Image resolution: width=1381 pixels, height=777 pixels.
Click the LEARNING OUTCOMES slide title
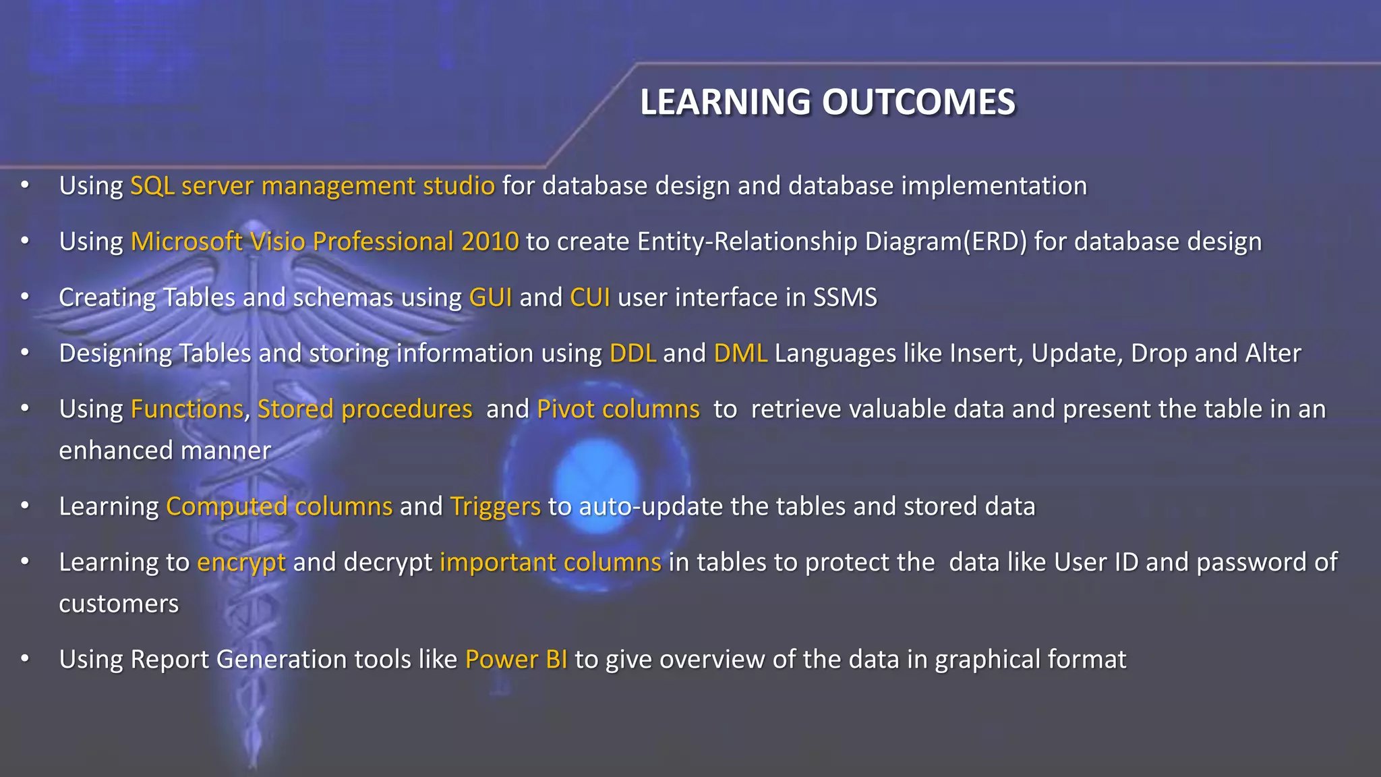(827, 103)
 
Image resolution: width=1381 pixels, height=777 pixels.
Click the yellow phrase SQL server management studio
(312, 186)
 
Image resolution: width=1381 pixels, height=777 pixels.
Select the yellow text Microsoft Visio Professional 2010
(324, 242)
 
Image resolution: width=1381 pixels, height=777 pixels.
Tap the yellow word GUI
(490, 298)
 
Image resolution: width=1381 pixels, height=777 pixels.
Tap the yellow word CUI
(590, 298)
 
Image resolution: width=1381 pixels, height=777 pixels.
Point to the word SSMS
(844, 298)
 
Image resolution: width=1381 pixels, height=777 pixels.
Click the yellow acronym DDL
(633, 354)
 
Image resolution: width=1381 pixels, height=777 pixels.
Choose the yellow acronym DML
(740, 354)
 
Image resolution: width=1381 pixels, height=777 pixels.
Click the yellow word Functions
(187, 410)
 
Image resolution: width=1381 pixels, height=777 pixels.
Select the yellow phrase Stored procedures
(365, 410)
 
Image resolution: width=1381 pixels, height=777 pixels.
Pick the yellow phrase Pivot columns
(618, 410)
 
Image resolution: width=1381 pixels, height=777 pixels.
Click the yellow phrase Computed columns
(279, 507)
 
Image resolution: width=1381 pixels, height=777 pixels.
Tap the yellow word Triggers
(495, 507)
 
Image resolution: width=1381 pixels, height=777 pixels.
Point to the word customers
(119, 604)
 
